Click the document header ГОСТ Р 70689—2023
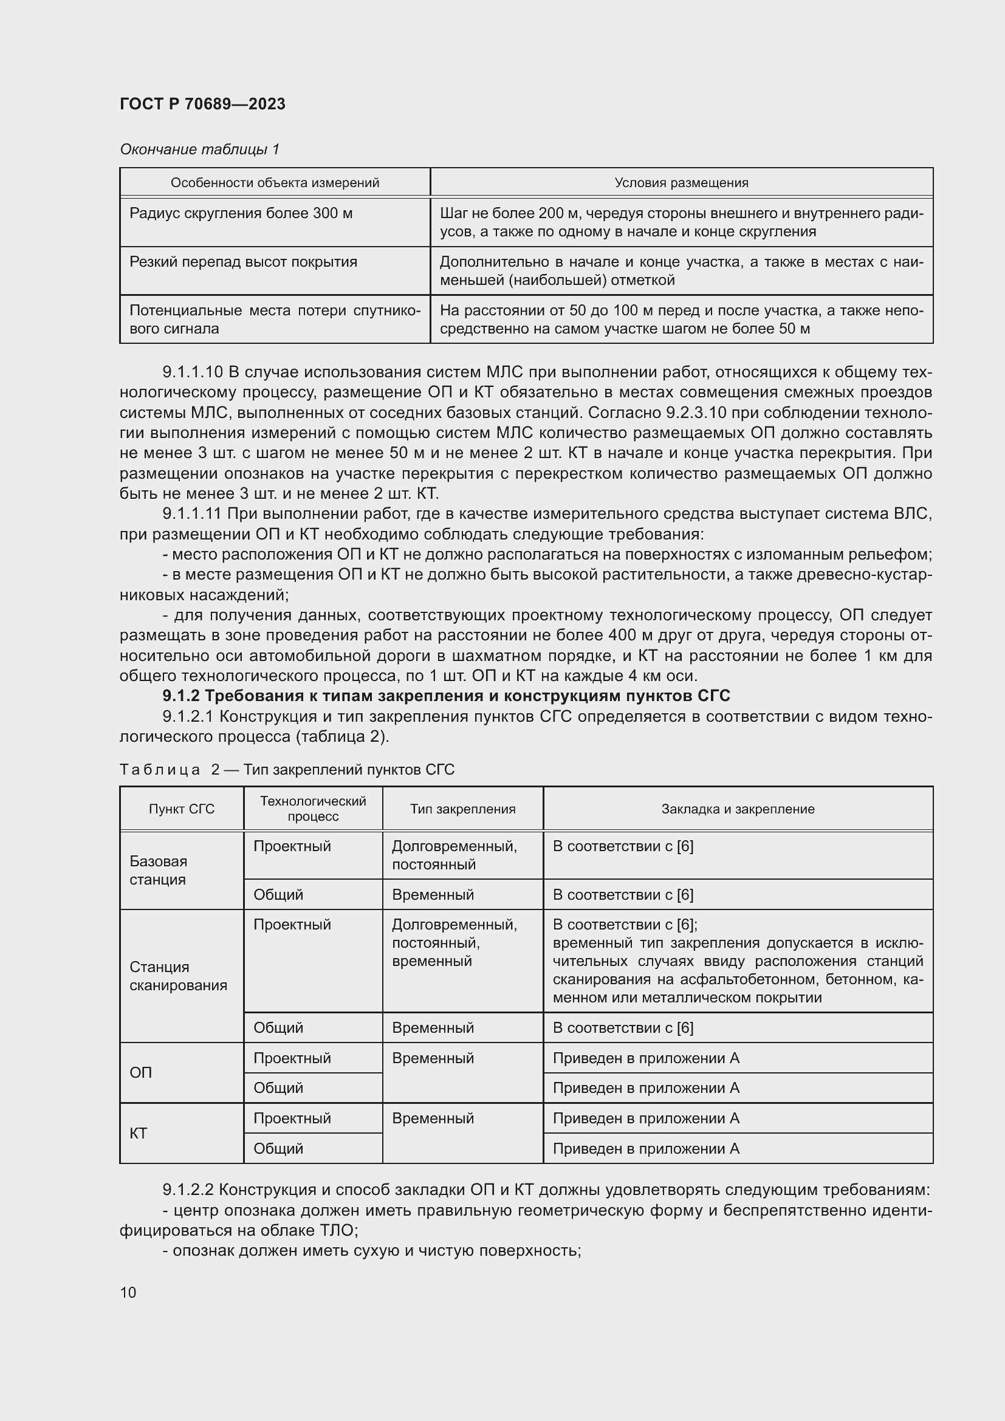tap(202, 104)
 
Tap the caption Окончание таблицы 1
tap(199, 149)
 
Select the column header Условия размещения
tap(681, 183)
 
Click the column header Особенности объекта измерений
tap(275, 183)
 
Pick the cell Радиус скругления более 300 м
tap(241, 213)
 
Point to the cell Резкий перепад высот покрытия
tap(243, 262)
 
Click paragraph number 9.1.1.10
tap(192, 372)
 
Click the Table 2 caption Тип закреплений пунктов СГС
tap(348, 769)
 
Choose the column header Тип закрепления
tap(462, 809)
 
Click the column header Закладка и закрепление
tap(738, 809)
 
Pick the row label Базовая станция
tap(159, 870)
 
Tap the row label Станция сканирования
tap(177, 976)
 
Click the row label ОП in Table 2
tap(140, 1072)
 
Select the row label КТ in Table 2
tap(139, 1133)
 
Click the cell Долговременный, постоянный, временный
tap(454, 943)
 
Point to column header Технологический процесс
tap(312, 808)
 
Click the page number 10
tap(128, 1292)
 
